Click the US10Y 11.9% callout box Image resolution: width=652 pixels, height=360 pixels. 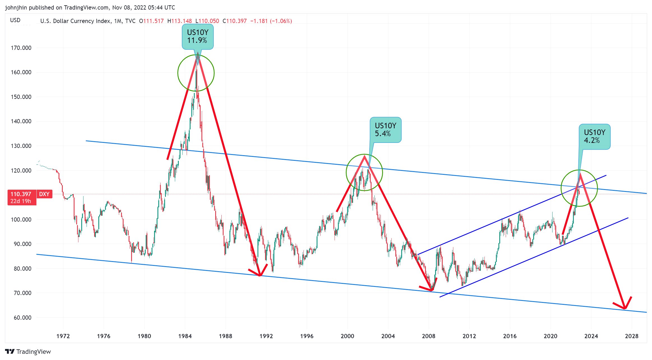(x=198, y=37)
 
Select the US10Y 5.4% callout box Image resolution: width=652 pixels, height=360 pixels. (x=386, y=130)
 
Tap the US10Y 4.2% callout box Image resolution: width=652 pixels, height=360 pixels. (x=595, y=136)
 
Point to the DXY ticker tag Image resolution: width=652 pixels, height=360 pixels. (x=44, y=194)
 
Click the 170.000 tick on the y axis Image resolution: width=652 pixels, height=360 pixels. (x=21, y=48)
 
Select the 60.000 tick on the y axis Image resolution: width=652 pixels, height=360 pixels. (x=21, y=318)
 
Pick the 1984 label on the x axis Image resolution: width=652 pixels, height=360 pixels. (x=185, y=336)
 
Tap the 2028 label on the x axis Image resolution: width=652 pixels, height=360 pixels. (x=632, y=336)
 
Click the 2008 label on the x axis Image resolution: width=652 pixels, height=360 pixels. (x=429, y=336)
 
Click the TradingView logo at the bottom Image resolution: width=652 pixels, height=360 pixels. (x=28, y=352)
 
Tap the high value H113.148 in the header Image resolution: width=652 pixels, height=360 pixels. (x=180, y=21)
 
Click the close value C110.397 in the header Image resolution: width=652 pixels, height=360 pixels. (x=235, y=21)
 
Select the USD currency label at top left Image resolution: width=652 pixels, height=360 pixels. (x=15, y=20)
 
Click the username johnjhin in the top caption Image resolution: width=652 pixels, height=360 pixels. (x=16, y=8)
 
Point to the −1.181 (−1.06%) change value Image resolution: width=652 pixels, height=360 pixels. (x=271, y=21)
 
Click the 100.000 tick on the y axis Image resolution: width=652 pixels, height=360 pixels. (x=21, y=220)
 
